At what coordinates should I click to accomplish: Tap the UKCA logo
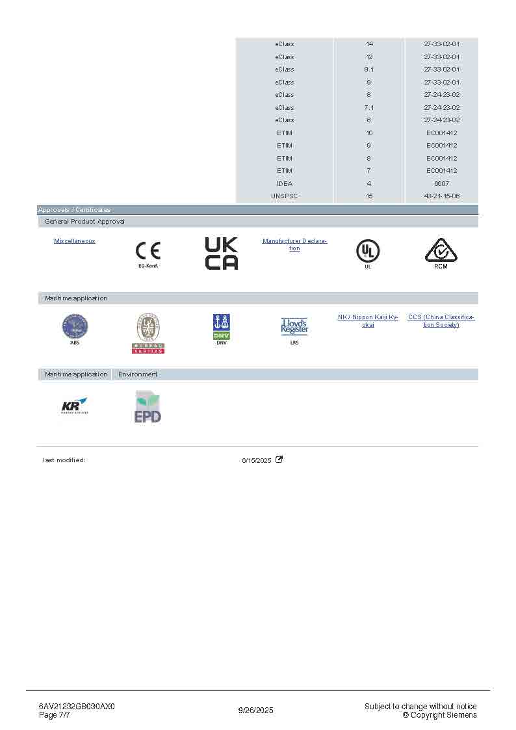point(221,254)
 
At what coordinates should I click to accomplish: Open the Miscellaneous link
point(75,241)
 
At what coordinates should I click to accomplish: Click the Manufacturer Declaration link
point(294,244)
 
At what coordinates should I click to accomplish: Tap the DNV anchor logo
point(222,326)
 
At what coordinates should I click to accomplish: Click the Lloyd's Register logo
point(294,326)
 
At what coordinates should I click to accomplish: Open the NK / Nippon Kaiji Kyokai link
point(368,320)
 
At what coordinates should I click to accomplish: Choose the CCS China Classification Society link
point(441,320)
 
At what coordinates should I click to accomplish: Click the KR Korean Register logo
point(75,406)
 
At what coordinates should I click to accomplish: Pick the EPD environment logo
point(148,407)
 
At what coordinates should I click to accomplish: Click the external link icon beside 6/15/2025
point(279,460)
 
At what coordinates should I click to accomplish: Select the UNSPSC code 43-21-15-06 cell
point(441,196)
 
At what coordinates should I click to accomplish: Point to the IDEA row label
point(285,183)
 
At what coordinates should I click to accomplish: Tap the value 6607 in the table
point(441,183)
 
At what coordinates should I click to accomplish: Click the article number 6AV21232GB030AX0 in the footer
point(77,707)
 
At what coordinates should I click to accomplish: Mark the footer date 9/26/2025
point(256,710)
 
